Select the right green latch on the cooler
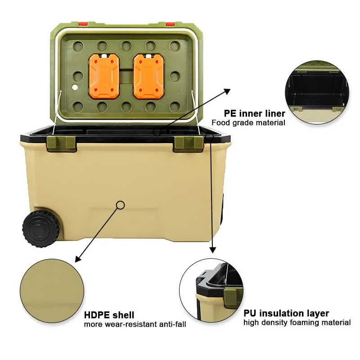tap(189, 143)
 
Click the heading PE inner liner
tap(254, 113)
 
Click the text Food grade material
tap(248, 122)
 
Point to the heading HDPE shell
tap(109, 315)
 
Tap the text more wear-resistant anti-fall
tap(135, 324)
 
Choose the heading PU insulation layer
tap(286, 313)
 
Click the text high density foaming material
tap(297, 322)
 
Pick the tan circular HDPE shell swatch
tap(52, 290)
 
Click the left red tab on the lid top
tap(83, 23)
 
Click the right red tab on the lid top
tap(170, 23)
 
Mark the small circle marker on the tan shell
tap(120, 205)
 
